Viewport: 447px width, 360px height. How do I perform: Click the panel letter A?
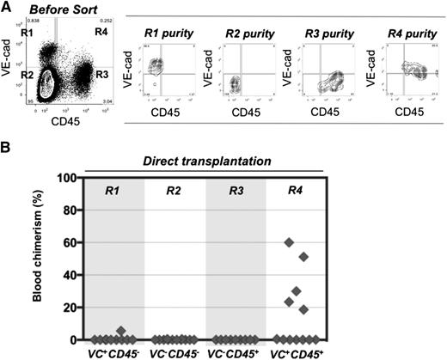coord(6,7)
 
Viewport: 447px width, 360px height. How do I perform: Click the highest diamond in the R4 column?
coord(289,242)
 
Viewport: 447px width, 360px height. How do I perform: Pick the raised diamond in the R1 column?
coord(122,331)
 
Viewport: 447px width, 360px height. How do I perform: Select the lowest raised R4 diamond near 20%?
coord(303,309)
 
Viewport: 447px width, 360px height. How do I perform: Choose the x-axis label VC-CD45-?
coord(171,351)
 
